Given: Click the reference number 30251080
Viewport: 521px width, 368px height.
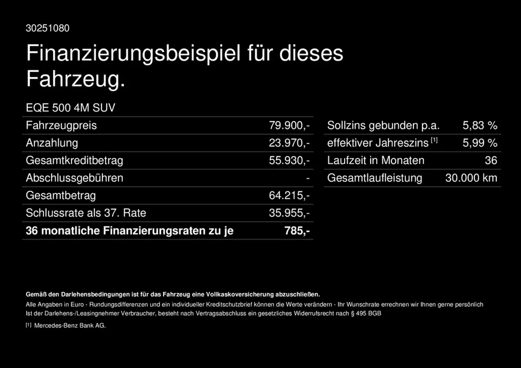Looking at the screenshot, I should click(x=48, y=28).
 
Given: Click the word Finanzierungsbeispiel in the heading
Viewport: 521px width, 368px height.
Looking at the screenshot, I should click(x=133, y=54).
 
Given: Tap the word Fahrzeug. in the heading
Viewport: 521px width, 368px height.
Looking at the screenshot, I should click(x=75, y=79).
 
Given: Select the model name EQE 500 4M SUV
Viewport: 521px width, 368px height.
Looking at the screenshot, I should click(x=70, y=108).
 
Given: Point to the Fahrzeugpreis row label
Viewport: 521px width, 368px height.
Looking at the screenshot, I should click(x=61, y=126).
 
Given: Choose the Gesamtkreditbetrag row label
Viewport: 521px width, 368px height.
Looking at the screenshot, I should click(x=74, y=161).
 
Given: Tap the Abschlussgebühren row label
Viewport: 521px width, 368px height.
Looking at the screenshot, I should click(x=74, y=178).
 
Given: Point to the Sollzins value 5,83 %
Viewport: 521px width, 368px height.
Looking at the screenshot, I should click(x=480, y=126).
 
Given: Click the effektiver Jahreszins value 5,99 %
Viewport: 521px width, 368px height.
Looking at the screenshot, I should click(x=480, y=143).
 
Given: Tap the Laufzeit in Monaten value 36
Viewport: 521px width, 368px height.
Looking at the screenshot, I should click(x=491, y=161).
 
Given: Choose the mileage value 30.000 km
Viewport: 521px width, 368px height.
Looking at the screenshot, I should click(x=471, y=178).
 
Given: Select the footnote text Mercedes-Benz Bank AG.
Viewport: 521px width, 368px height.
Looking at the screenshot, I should click(x=70, y=326).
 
